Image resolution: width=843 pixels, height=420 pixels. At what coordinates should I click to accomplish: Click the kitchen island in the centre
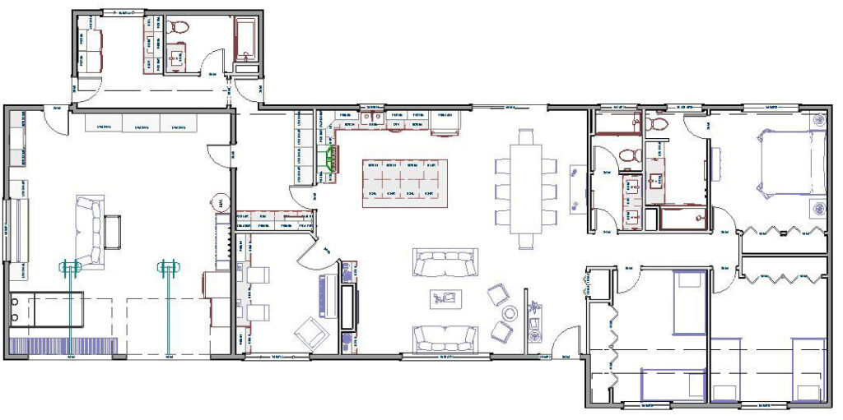(405, 182)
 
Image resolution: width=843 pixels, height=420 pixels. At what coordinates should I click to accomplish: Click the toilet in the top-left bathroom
(176, 28)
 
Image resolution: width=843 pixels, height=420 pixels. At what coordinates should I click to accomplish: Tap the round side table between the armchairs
(510, 313)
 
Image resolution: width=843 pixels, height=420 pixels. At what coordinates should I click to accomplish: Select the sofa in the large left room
(91, 232)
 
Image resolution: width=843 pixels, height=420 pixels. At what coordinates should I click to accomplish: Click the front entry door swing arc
(566, 340)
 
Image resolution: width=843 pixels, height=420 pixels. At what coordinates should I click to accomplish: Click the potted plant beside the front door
(536, 309)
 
